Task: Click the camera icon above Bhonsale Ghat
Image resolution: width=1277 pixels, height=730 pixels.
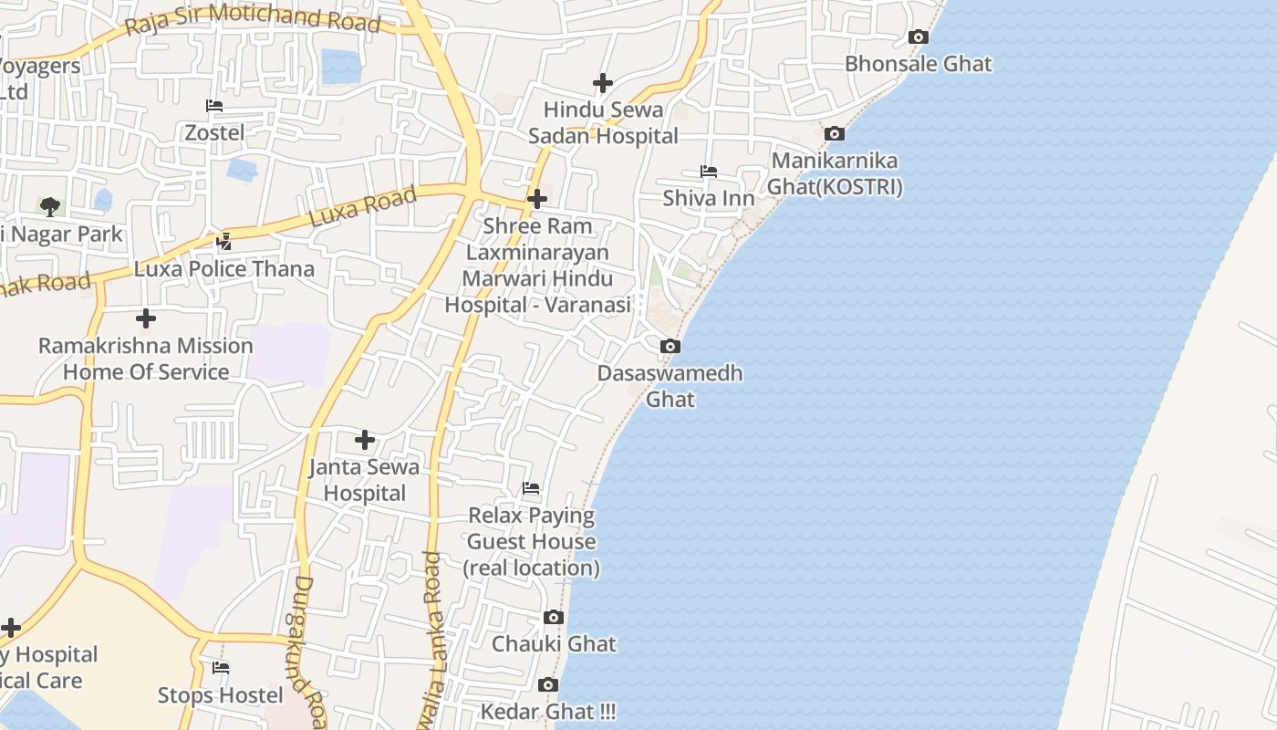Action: (x=919, y=37)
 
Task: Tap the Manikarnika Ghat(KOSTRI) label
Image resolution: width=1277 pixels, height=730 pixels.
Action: (x=835, y=173)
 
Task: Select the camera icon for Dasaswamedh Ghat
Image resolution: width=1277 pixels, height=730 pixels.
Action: (x=670, y=347)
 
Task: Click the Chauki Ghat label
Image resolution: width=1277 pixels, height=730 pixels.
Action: (x=554, y=643)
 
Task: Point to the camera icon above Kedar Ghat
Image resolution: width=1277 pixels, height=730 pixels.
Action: (x=548, y=685)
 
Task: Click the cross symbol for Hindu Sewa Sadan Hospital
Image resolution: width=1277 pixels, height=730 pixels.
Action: (x=602, y=83)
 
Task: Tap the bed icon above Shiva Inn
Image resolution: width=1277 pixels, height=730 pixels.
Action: (x=708, y=172)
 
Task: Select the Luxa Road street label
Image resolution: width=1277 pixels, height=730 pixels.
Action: (x=363, y=206)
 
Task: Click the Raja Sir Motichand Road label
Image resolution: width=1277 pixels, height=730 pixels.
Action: (x=252, y=19)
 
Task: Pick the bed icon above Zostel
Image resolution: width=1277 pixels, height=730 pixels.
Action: (x=214, y=106)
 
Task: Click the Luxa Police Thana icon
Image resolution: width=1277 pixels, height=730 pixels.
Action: (x=224, y=242)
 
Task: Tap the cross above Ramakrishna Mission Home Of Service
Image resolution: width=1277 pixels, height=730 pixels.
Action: (x=145, y=318)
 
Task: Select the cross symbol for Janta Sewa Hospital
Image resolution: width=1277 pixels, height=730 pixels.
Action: (x=365, y=440)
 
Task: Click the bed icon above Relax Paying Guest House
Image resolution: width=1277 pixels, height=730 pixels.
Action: (x=531, y=488)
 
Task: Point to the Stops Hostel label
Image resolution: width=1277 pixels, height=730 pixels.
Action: (x=220, y=695)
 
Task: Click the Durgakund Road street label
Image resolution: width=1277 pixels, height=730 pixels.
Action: (x=311, y=652)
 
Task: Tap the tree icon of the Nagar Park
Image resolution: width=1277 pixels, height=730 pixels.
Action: (x=50, y=207)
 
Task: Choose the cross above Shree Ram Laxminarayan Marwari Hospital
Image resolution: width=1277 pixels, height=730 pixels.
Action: (x=537, y=198)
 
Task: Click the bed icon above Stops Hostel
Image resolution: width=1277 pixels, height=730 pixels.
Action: (x=221, y=668)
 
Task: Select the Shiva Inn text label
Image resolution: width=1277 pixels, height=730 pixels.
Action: (x=708, y=198)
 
